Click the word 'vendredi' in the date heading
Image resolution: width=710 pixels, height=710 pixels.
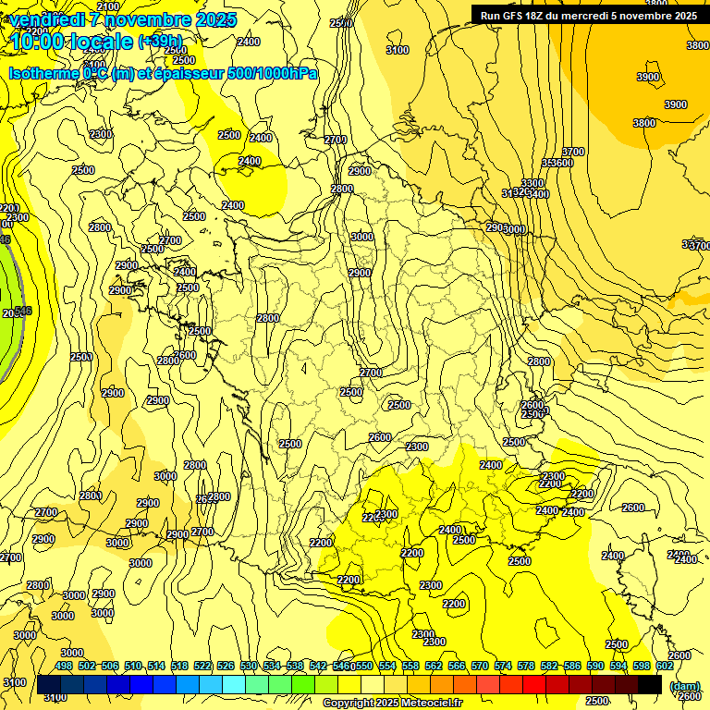[48, 19]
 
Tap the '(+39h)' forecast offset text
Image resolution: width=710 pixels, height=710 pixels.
[160, 42]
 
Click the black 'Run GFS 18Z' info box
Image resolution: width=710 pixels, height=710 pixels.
[589, 15]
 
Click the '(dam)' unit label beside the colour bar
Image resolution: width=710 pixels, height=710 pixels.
[684, 685]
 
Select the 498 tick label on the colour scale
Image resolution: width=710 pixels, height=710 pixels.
[64, 666]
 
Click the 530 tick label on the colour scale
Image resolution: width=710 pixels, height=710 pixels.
[249, 666]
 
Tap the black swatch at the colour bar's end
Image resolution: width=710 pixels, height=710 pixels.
[650, 684]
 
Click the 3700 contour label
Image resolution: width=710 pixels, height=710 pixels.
[573, 152]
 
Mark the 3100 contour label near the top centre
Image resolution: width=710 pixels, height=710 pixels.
[398, 50]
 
